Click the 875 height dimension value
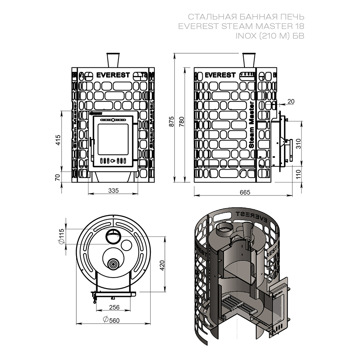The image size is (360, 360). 171,122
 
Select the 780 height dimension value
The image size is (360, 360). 181,122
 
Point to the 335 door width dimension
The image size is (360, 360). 113,190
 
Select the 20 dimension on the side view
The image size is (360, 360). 291,102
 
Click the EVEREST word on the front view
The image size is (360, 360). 113,75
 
